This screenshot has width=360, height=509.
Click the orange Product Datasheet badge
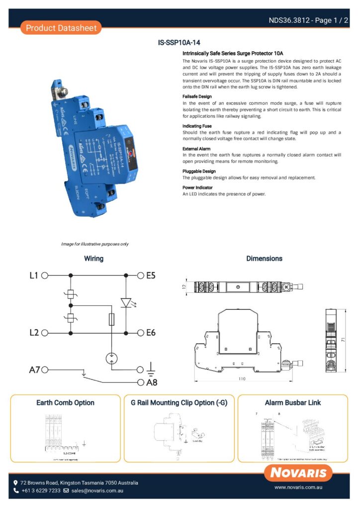[x=61, y=28]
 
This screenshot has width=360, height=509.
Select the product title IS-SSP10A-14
[x=179, y=43]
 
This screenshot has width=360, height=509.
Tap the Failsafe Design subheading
[x=197, y=96]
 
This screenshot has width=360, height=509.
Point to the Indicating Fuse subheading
[x=197, y=126]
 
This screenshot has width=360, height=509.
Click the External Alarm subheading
[x=196, y=149]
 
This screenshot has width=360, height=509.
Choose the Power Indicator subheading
[x=198, y=187]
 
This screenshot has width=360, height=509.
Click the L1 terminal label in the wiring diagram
[x=34, y=275]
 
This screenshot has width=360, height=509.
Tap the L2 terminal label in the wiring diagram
[x=34, y=333]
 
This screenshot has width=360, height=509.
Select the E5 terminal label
[x=151, y=275]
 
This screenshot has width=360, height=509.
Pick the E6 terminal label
[x=151, y=333]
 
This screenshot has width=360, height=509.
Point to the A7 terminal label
[x=34, y=369]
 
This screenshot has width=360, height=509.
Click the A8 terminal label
[x=152, y=382]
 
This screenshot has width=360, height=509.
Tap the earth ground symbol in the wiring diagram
[x=152, y=369]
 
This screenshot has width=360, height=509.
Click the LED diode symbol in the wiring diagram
[x=125, y=303]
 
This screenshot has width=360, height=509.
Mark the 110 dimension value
[x=242, y=379]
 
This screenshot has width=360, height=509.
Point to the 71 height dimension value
[x=344, y=339]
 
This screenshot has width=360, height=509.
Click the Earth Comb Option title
[x=65, y=403]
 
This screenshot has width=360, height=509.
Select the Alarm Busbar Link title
[x=293, y=403]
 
